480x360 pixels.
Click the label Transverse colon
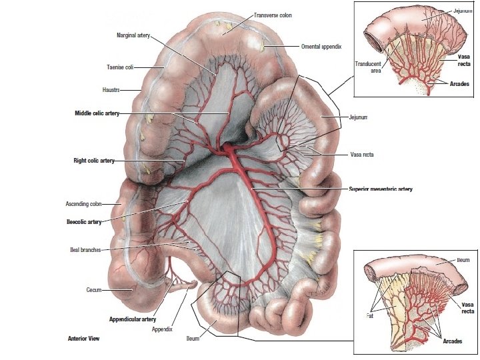(273, 15)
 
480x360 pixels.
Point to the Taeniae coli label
(121, 67)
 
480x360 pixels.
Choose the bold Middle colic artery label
(97, 114)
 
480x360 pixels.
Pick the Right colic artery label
(94, 161)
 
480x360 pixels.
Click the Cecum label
(93, 290)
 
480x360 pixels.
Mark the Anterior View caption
(84, 339)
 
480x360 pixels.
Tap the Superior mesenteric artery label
(381, 189)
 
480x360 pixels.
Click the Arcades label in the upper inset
(455, 85)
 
